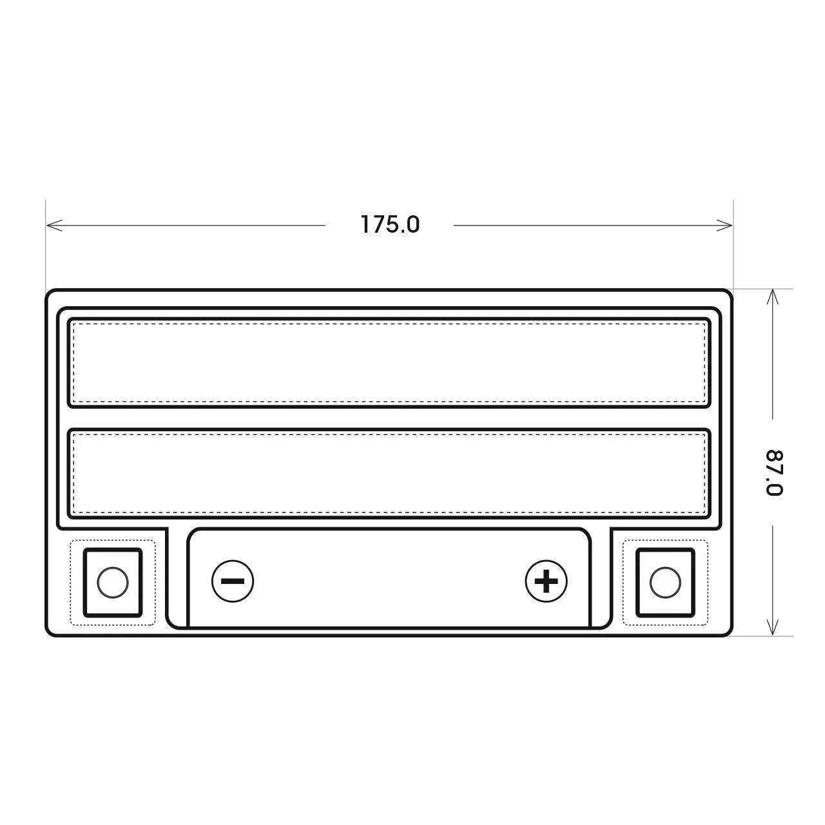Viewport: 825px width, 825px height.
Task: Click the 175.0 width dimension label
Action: (390, 224)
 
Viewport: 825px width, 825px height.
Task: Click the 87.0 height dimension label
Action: (773, 472)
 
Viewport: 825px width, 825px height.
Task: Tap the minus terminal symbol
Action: (233, 581)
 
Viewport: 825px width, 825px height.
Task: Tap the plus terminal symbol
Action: (546, 581)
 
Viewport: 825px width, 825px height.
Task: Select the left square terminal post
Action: (113, 582)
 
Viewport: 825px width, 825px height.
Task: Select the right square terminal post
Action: (665, 582)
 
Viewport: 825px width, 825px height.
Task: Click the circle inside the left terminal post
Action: (113, 582)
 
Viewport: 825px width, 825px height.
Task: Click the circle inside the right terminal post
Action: (665, 582)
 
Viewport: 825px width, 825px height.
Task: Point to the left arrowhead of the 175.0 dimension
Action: (46, 225)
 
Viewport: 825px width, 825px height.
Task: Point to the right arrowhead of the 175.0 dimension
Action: (732, 225)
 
